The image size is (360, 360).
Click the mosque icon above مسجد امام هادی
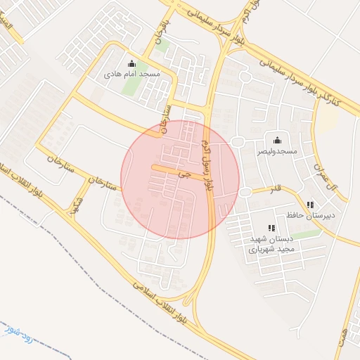pos(131,64)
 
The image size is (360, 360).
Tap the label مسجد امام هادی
pos(132,74)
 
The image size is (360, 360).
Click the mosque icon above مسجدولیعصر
pos(276,140)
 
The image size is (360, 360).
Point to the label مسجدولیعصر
pos(276,150)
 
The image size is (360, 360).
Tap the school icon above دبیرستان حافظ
pos(310,205)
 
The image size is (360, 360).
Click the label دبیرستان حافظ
pos(311,215)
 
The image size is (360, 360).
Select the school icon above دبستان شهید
pos(271,228)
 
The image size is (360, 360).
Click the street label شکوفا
pos(72,202)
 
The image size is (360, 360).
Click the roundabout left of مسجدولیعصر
pos(237,142)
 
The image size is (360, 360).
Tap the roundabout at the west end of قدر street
pos(244,192)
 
